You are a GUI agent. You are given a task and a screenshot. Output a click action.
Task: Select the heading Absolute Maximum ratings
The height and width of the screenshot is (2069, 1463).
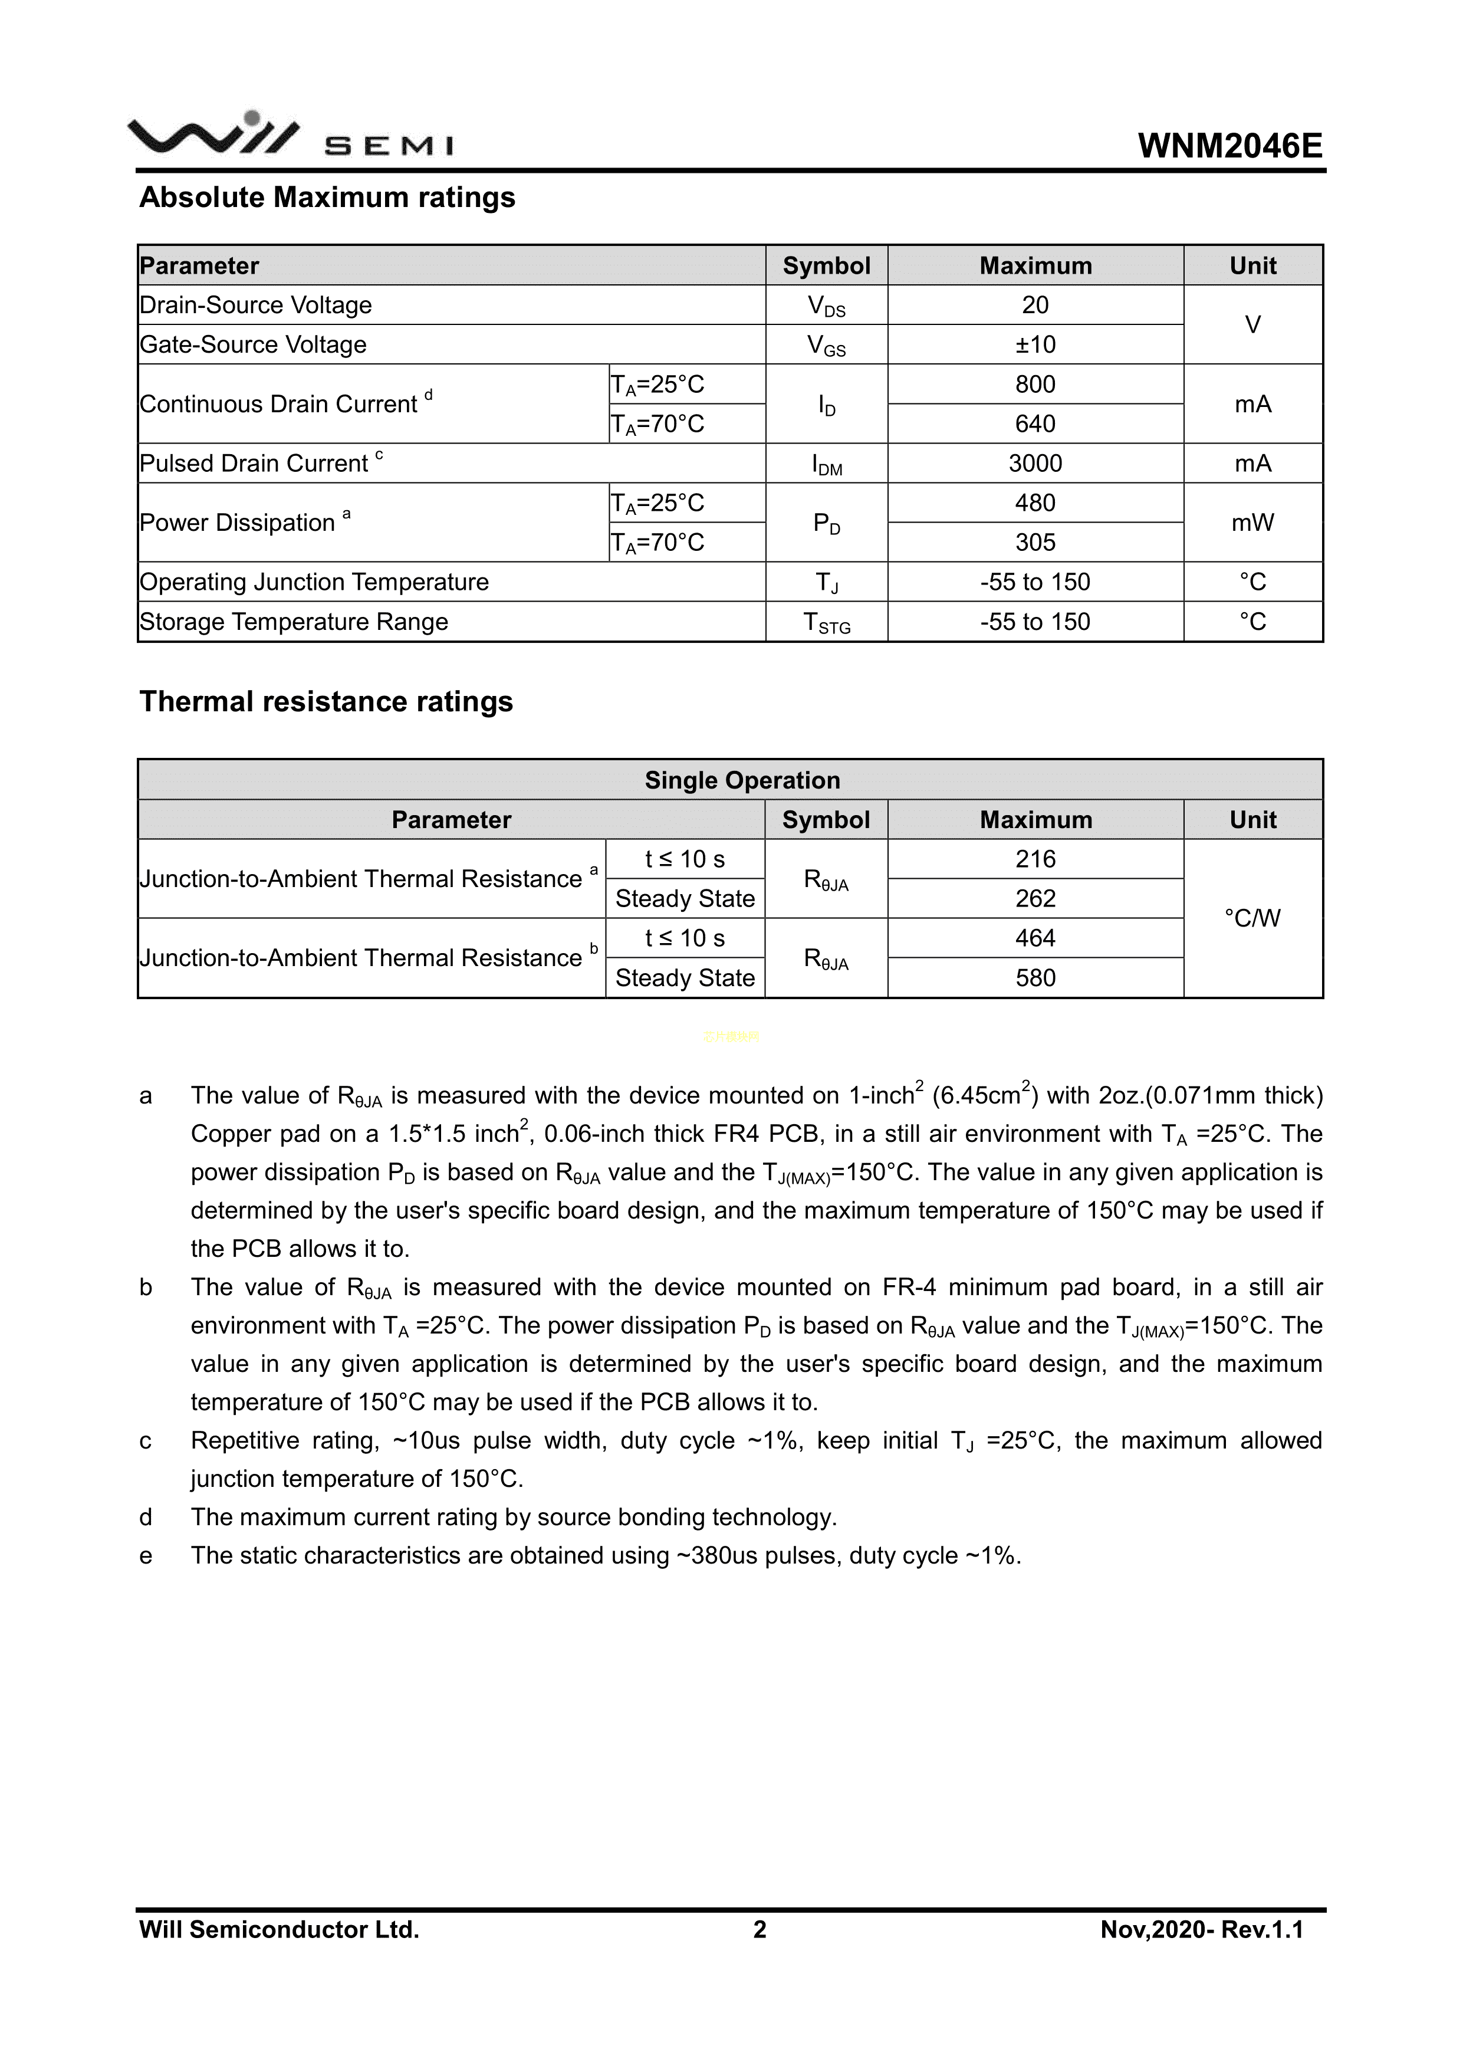click(x=327, y=198)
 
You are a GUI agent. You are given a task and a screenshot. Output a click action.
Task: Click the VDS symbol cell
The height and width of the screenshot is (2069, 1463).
click(x=826, y=306)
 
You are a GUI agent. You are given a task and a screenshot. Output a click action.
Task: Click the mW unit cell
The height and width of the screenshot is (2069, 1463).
click(x=1252, y=523)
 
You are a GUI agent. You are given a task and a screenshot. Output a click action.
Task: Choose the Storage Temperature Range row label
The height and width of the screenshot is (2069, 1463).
click(x=294, y=622)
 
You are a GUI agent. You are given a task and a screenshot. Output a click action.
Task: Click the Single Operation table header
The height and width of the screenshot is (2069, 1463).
click(x=742, y=780)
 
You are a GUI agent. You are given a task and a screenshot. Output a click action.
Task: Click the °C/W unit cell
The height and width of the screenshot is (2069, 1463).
click(x=1252, y=918)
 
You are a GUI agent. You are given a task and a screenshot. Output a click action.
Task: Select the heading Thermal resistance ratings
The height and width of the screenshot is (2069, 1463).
click(x=326, y=702)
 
